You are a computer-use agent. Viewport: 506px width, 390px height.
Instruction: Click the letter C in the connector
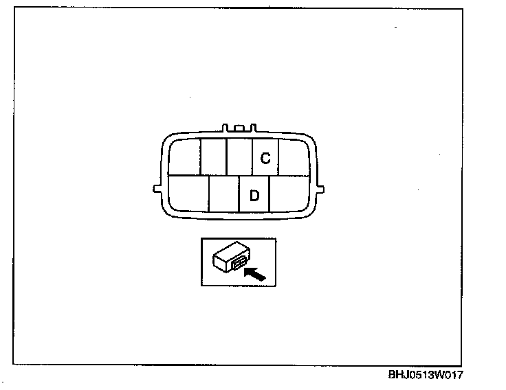click(265, 158)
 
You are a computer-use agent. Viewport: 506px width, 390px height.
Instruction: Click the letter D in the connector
click(254, 196)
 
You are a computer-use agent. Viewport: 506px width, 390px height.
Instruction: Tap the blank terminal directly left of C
click(239, 157)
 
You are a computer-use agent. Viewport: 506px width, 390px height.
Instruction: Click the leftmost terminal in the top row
click(184, 157)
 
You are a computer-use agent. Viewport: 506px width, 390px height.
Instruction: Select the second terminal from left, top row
click(213, 157)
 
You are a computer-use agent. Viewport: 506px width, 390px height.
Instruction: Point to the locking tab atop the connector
click(239, 128)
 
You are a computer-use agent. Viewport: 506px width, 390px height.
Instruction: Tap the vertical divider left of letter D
click(239, 194)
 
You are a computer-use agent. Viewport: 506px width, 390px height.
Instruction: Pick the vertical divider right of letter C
click(278, 157)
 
